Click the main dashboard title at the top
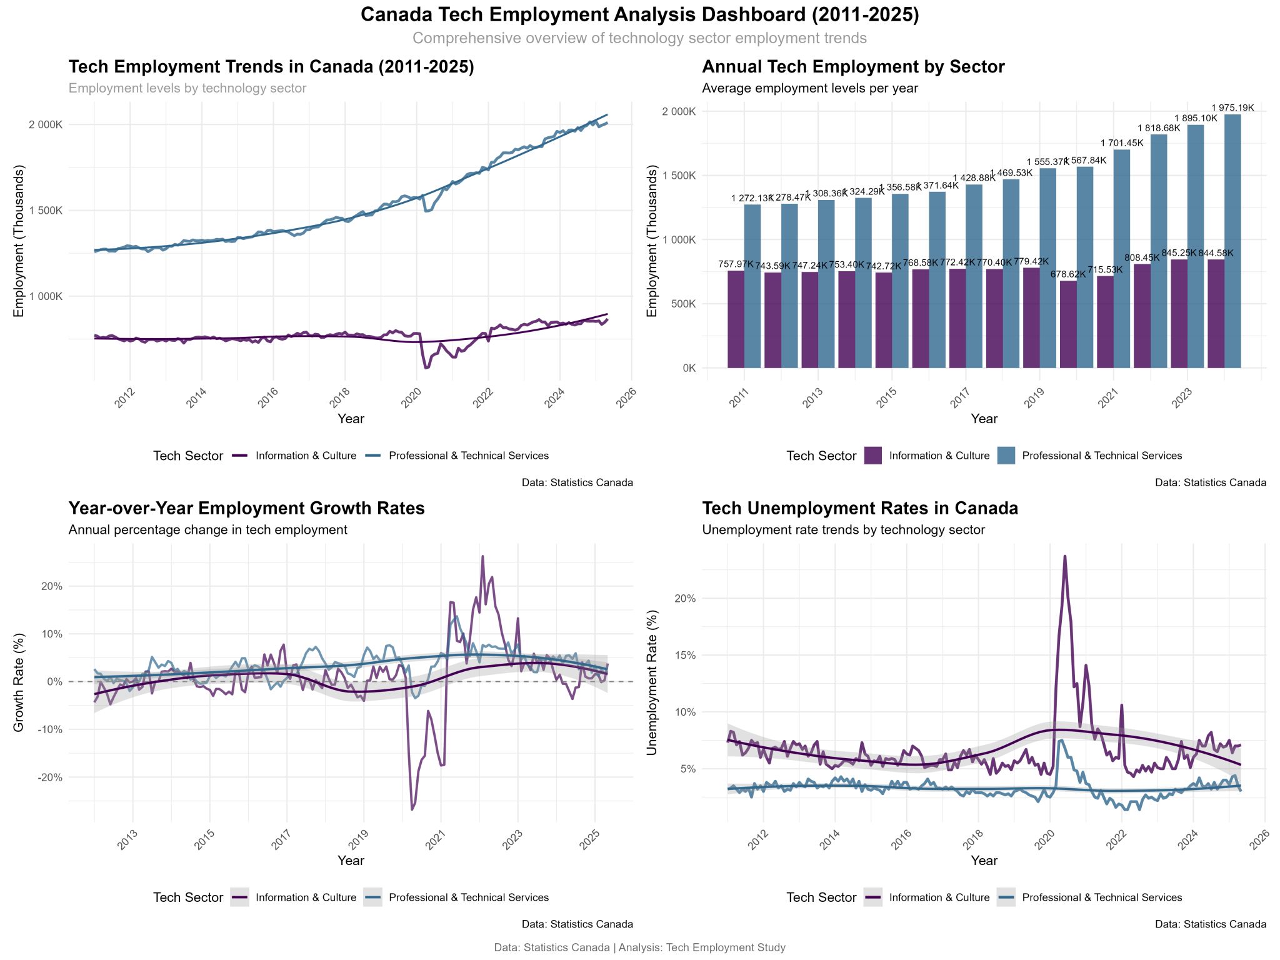point(639,15)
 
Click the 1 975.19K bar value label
point(1232,107)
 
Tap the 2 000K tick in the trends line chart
point(46,124)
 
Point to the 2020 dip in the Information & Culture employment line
point(426,367)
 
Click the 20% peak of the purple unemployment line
point(1064,557)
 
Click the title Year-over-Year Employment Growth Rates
point(246,508)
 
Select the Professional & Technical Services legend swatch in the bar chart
point(1006,456)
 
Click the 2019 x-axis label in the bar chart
point(1033,397)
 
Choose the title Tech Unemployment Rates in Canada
point(859,508)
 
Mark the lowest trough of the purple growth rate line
point(411,809)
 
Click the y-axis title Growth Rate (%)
point(19,682)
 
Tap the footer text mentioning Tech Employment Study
point(639,947)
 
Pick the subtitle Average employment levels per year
point(809,88)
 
